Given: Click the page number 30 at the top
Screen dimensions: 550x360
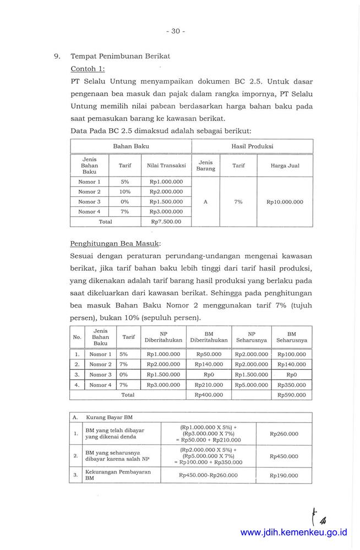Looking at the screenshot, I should tap(176, 31).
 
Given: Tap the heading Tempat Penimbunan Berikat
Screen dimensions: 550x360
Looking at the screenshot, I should tap(121, 56).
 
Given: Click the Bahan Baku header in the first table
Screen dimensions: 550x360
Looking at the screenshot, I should tap(131, 146).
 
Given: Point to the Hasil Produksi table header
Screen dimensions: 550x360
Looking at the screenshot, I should tap(253, 146).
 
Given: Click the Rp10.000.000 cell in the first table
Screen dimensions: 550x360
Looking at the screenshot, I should tap(285, 202).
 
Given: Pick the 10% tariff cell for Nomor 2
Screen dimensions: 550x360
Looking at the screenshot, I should tap(124, 192).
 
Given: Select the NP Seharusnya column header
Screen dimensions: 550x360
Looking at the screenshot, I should tap(251, 337).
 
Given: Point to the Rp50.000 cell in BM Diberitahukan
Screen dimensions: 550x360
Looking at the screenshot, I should tap(209, 355).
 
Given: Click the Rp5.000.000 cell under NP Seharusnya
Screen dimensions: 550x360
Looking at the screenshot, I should tap(251, 385).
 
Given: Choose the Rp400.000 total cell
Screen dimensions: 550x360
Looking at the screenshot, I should tap(209, 395).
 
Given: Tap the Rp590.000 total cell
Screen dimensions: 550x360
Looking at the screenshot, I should tap(292, 395).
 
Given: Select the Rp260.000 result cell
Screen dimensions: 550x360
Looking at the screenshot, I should tap(284, 434).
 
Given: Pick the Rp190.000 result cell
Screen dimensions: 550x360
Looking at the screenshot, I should tap(284, 475).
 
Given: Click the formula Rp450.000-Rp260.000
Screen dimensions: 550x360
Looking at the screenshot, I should tap(208, 475).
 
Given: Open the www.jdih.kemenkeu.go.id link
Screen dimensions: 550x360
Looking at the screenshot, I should tap(294, 532).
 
